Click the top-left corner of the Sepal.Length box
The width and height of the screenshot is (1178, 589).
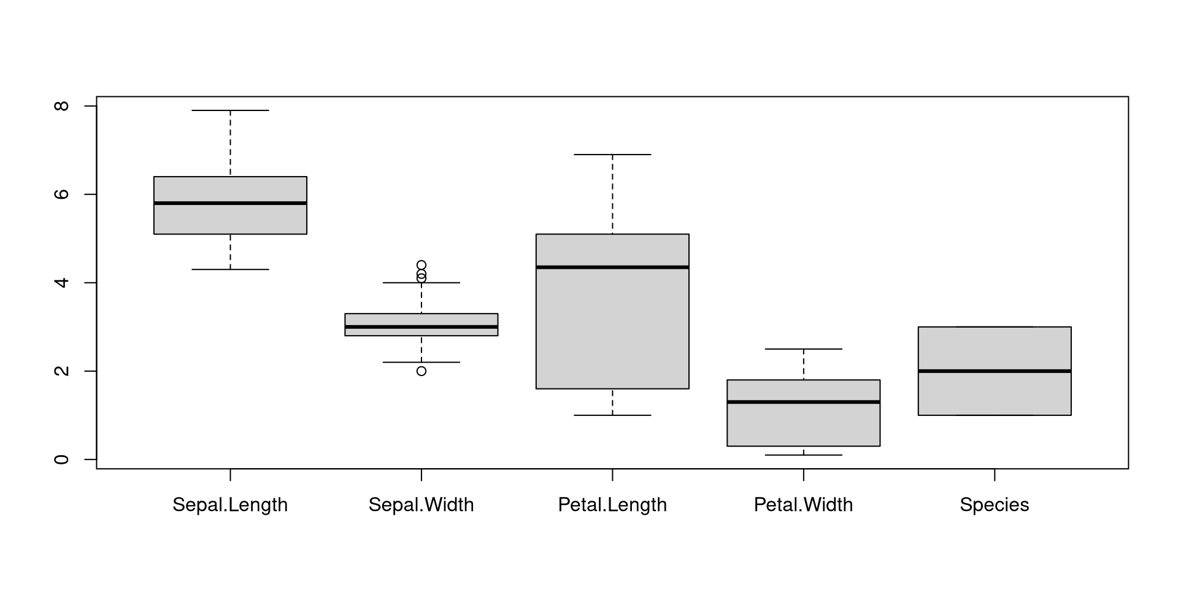coord(154,177)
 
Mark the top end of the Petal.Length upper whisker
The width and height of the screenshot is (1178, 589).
coord(612,155)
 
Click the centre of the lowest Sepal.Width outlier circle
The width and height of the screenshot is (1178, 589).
coord(422,371)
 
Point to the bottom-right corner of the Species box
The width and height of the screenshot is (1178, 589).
coord(1071,415)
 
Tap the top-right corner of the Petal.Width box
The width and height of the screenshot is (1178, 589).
coord(880,380)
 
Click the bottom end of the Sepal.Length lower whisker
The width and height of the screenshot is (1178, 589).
coord(230,269)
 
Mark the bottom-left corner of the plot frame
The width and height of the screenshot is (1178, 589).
coord(97,469)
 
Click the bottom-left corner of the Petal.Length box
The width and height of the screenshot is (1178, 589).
coord(536,388)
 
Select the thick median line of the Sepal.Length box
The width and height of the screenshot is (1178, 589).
coord(230,203)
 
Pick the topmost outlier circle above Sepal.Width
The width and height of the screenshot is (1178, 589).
coord(422,265)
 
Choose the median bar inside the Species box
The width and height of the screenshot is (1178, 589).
coord(995,371)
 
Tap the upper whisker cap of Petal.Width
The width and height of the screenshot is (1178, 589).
coord(804,349)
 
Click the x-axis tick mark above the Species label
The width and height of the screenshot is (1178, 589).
coord(995,475)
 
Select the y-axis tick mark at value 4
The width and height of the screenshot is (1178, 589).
coord(91,283)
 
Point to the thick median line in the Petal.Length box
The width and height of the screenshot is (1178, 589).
coord(612,267)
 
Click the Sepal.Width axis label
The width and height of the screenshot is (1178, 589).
coord(422,505)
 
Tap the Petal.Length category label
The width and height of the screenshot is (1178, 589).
coord(612,505)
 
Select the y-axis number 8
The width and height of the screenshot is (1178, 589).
coord(61,106)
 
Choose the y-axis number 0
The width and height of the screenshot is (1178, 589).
coord(61,460)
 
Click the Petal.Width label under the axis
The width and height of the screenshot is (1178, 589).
coord(804,505)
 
